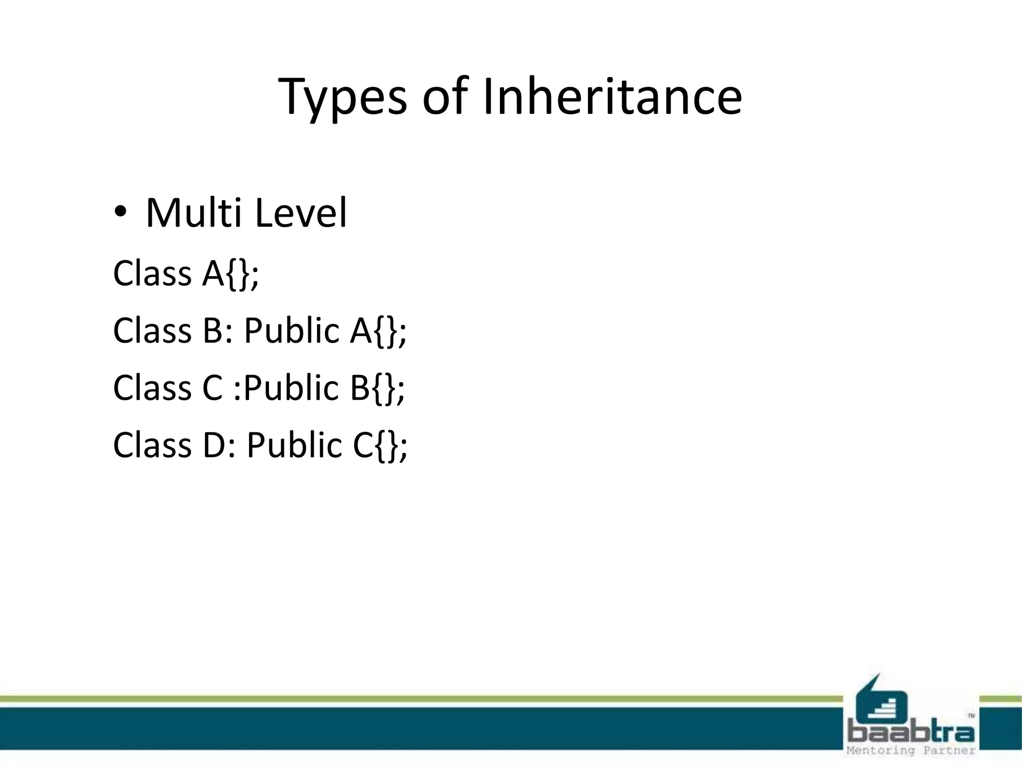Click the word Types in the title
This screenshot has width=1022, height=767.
point(342,97)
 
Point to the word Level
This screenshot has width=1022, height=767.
point(300,213)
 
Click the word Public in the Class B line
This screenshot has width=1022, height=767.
point(291,331)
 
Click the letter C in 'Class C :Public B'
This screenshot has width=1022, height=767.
point(213,388)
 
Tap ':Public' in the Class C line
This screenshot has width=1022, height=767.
point(286,388)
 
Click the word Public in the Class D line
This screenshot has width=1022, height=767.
point(294,445)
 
